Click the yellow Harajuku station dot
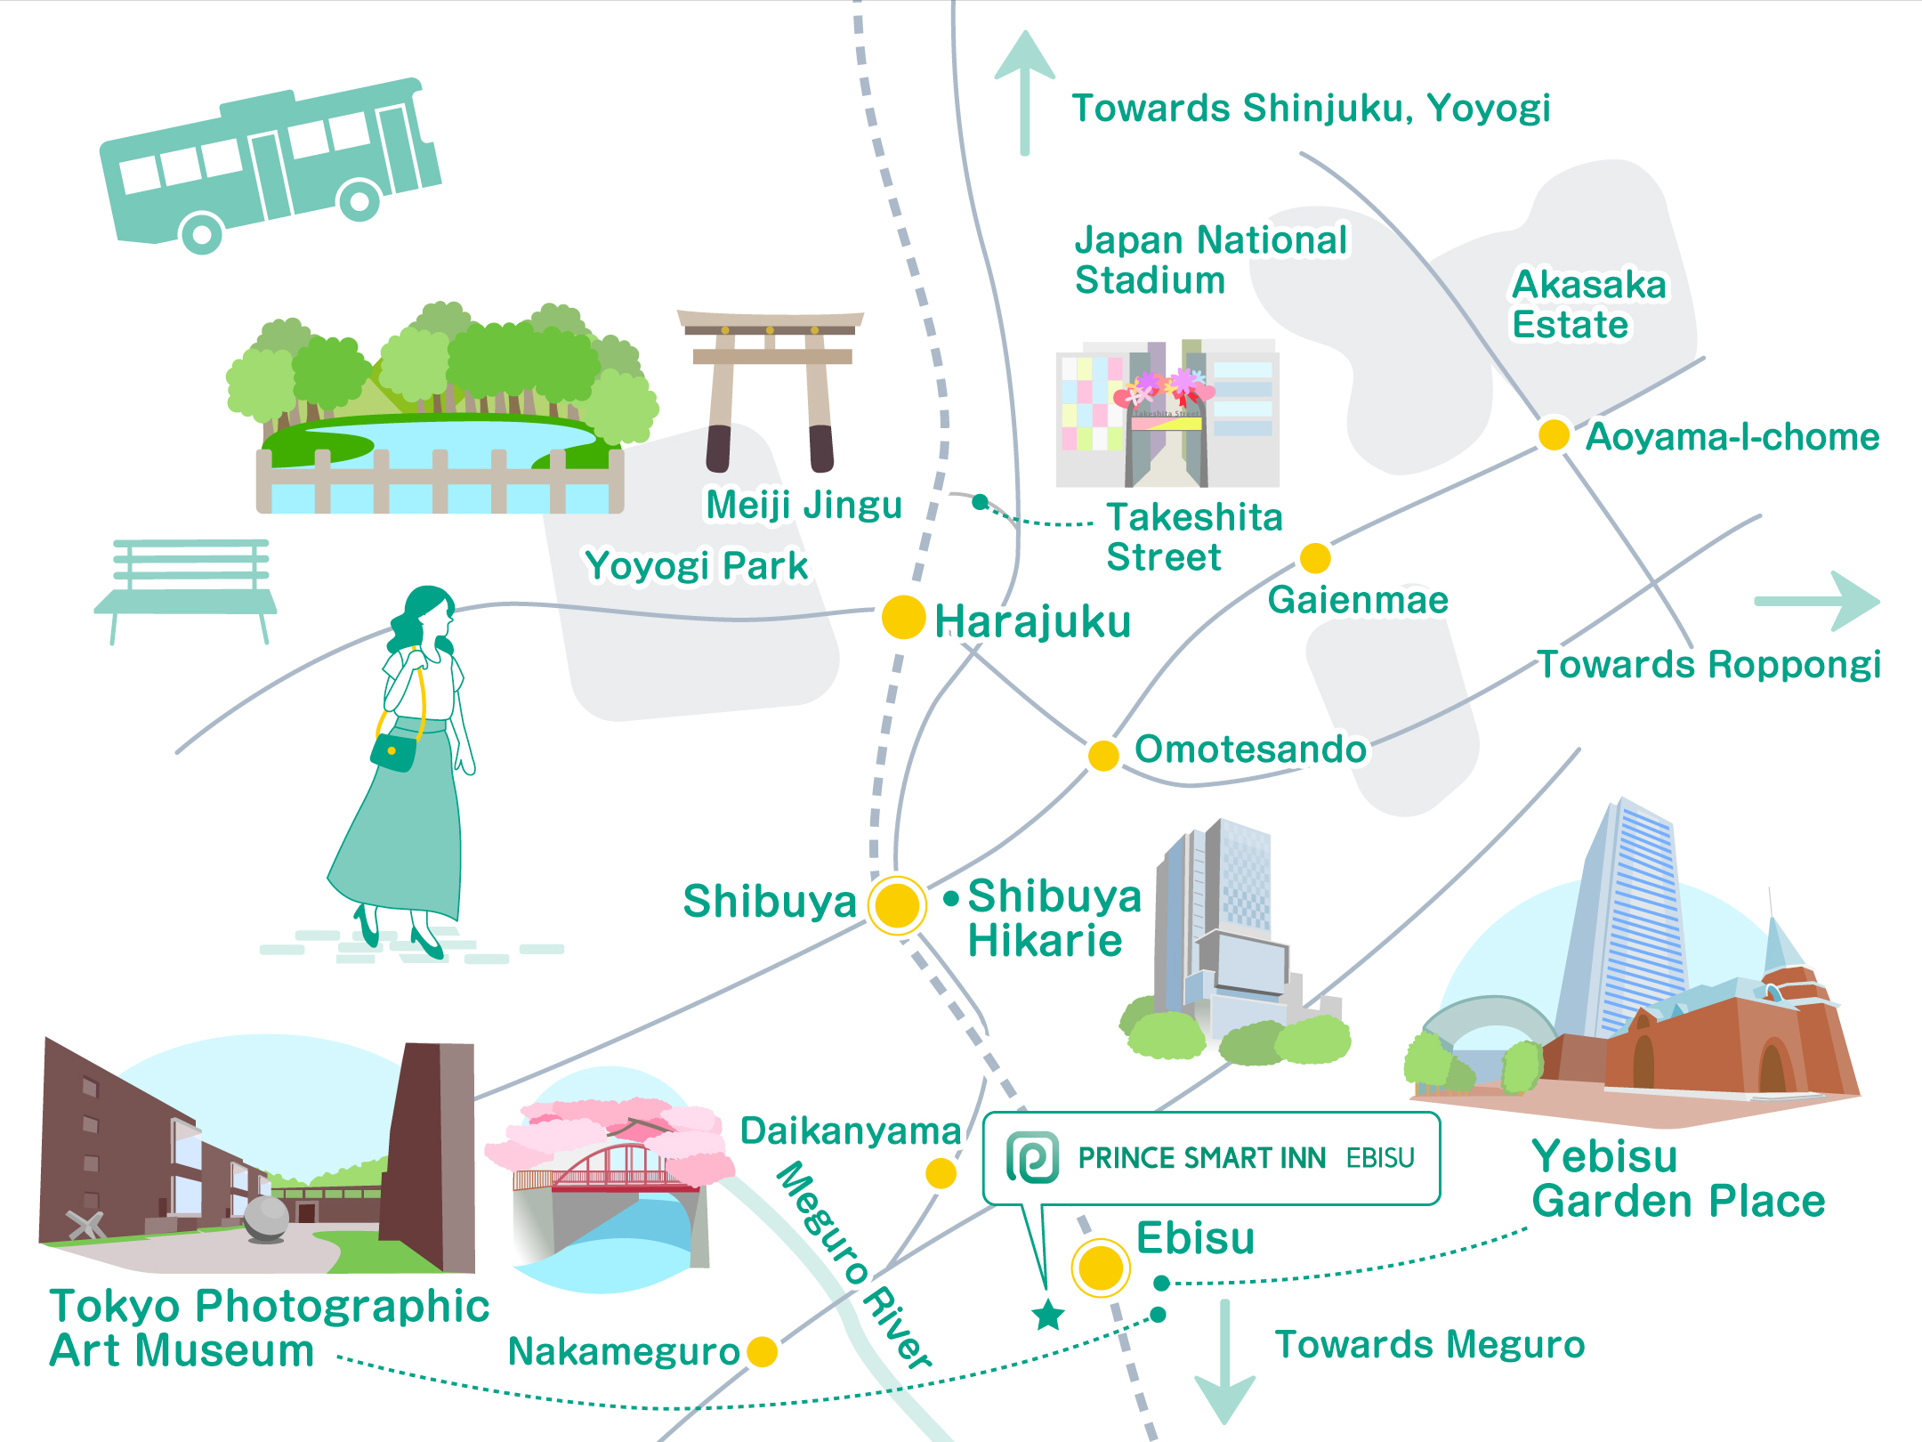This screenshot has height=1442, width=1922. coord(903,617)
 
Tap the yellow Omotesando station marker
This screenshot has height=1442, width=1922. coord(1103,755)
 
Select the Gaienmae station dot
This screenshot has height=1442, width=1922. coord(1315,558)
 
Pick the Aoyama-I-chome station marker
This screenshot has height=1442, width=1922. coord(1554,434)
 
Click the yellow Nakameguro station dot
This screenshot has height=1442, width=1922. coord(762,1351)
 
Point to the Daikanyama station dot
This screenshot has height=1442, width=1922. coord(941,1173)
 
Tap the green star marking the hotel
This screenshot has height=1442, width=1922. coord(1048,1315)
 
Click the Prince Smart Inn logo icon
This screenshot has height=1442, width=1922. coord(1032,1157)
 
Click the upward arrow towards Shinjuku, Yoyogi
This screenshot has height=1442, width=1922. coord(1025,89)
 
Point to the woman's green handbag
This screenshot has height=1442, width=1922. coord(393,752)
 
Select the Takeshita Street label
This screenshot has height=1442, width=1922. coord(1192,537)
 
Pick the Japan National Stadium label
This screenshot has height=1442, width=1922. coord(1210,260)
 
